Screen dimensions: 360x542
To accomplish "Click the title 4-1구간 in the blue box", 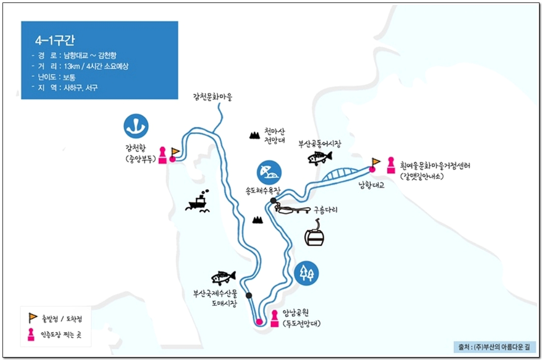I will pos(55,40).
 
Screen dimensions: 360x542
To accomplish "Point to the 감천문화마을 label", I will pos(213,96).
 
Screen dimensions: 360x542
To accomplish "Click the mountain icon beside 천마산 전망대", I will pos(255,135).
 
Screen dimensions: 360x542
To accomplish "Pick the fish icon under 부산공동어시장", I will pos(320,158).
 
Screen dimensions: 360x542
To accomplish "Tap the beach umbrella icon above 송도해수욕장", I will pos(269,172).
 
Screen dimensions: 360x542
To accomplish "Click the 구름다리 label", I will pos(325,210).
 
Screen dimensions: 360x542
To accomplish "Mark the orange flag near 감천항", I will pos(175,151).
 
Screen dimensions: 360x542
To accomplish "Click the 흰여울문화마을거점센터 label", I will pos(435,165).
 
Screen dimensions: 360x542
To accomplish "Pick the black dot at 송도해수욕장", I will pos(273,201).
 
